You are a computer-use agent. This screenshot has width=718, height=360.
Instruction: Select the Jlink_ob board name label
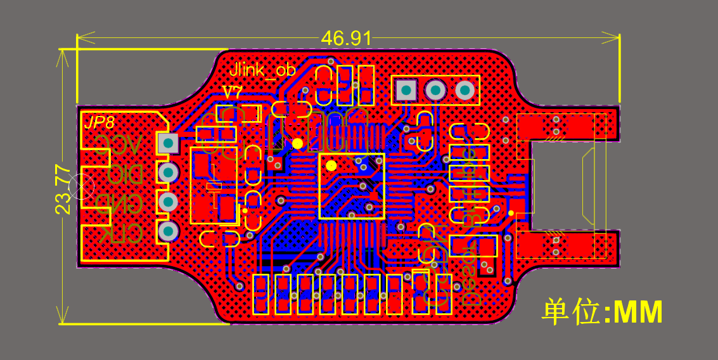tap(262, 70)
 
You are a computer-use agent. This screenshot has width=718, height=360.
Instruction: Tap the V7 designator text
tap(233, 93)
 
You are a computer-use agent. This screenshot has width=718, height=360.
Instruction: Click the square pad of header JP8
tap(168, 143)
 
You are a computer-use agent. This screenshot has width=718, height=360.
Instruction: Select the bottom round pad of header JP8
tap(168, 232)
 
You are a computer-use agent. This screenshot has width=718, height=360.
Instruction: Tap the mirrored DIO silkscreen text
tap(119, 176)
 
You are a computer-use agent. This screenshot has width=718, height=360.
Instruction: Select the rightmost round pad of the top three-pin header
tap(465, 91)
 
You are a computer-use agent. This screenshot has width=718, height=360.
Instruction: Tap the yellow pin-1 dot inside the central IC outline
tap(331, 166)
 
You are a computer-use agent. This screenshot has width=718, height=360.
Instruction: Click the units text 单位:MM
tap(602, 312)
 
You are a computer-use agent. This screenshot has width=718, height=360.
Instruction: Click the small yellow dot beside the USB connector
tap(511, 213)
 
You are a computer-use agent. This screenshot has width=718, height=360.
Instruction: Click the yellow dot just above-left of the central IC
tap(297, 144)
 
